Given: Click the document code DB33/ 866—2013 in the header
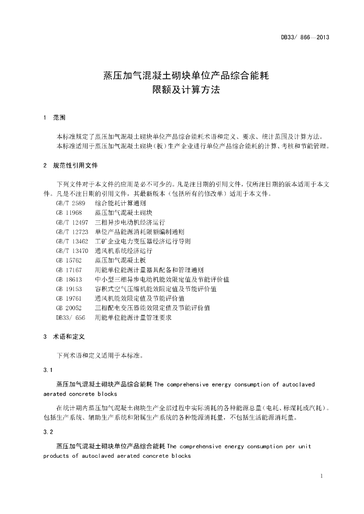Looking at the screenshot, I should tap(305, 38).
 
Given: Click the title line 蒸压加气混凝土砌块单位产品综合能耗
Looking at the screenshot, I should tap(186, 76).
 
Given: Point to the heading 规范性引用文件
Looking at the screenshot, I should tap(75, 165).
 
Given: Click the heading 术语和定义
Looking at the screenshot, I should tap(69, 337).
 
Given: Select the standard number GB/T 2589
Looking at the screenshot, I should tap(70, 203).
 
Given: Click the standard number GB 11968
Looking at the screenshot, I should tap(68, 213).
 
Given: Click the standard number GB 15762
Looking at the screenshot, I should tap(68, 261).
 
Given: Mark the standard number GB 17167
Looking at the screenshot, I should tap(68, 270).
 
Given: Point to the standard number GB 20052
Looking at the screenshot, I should tap(68, 308).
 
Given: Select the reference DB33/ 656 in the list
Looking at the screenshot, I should tap(70, 317).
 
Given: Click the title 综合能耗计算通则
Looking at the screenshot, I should tap(120, 203).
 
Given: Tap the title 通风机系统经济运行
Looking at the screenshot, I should tap(123, 251).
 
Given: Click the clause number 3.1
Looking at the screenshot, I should tap(48, 370).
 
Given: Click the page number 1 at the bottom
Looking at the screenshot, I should tap(321, 476).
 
